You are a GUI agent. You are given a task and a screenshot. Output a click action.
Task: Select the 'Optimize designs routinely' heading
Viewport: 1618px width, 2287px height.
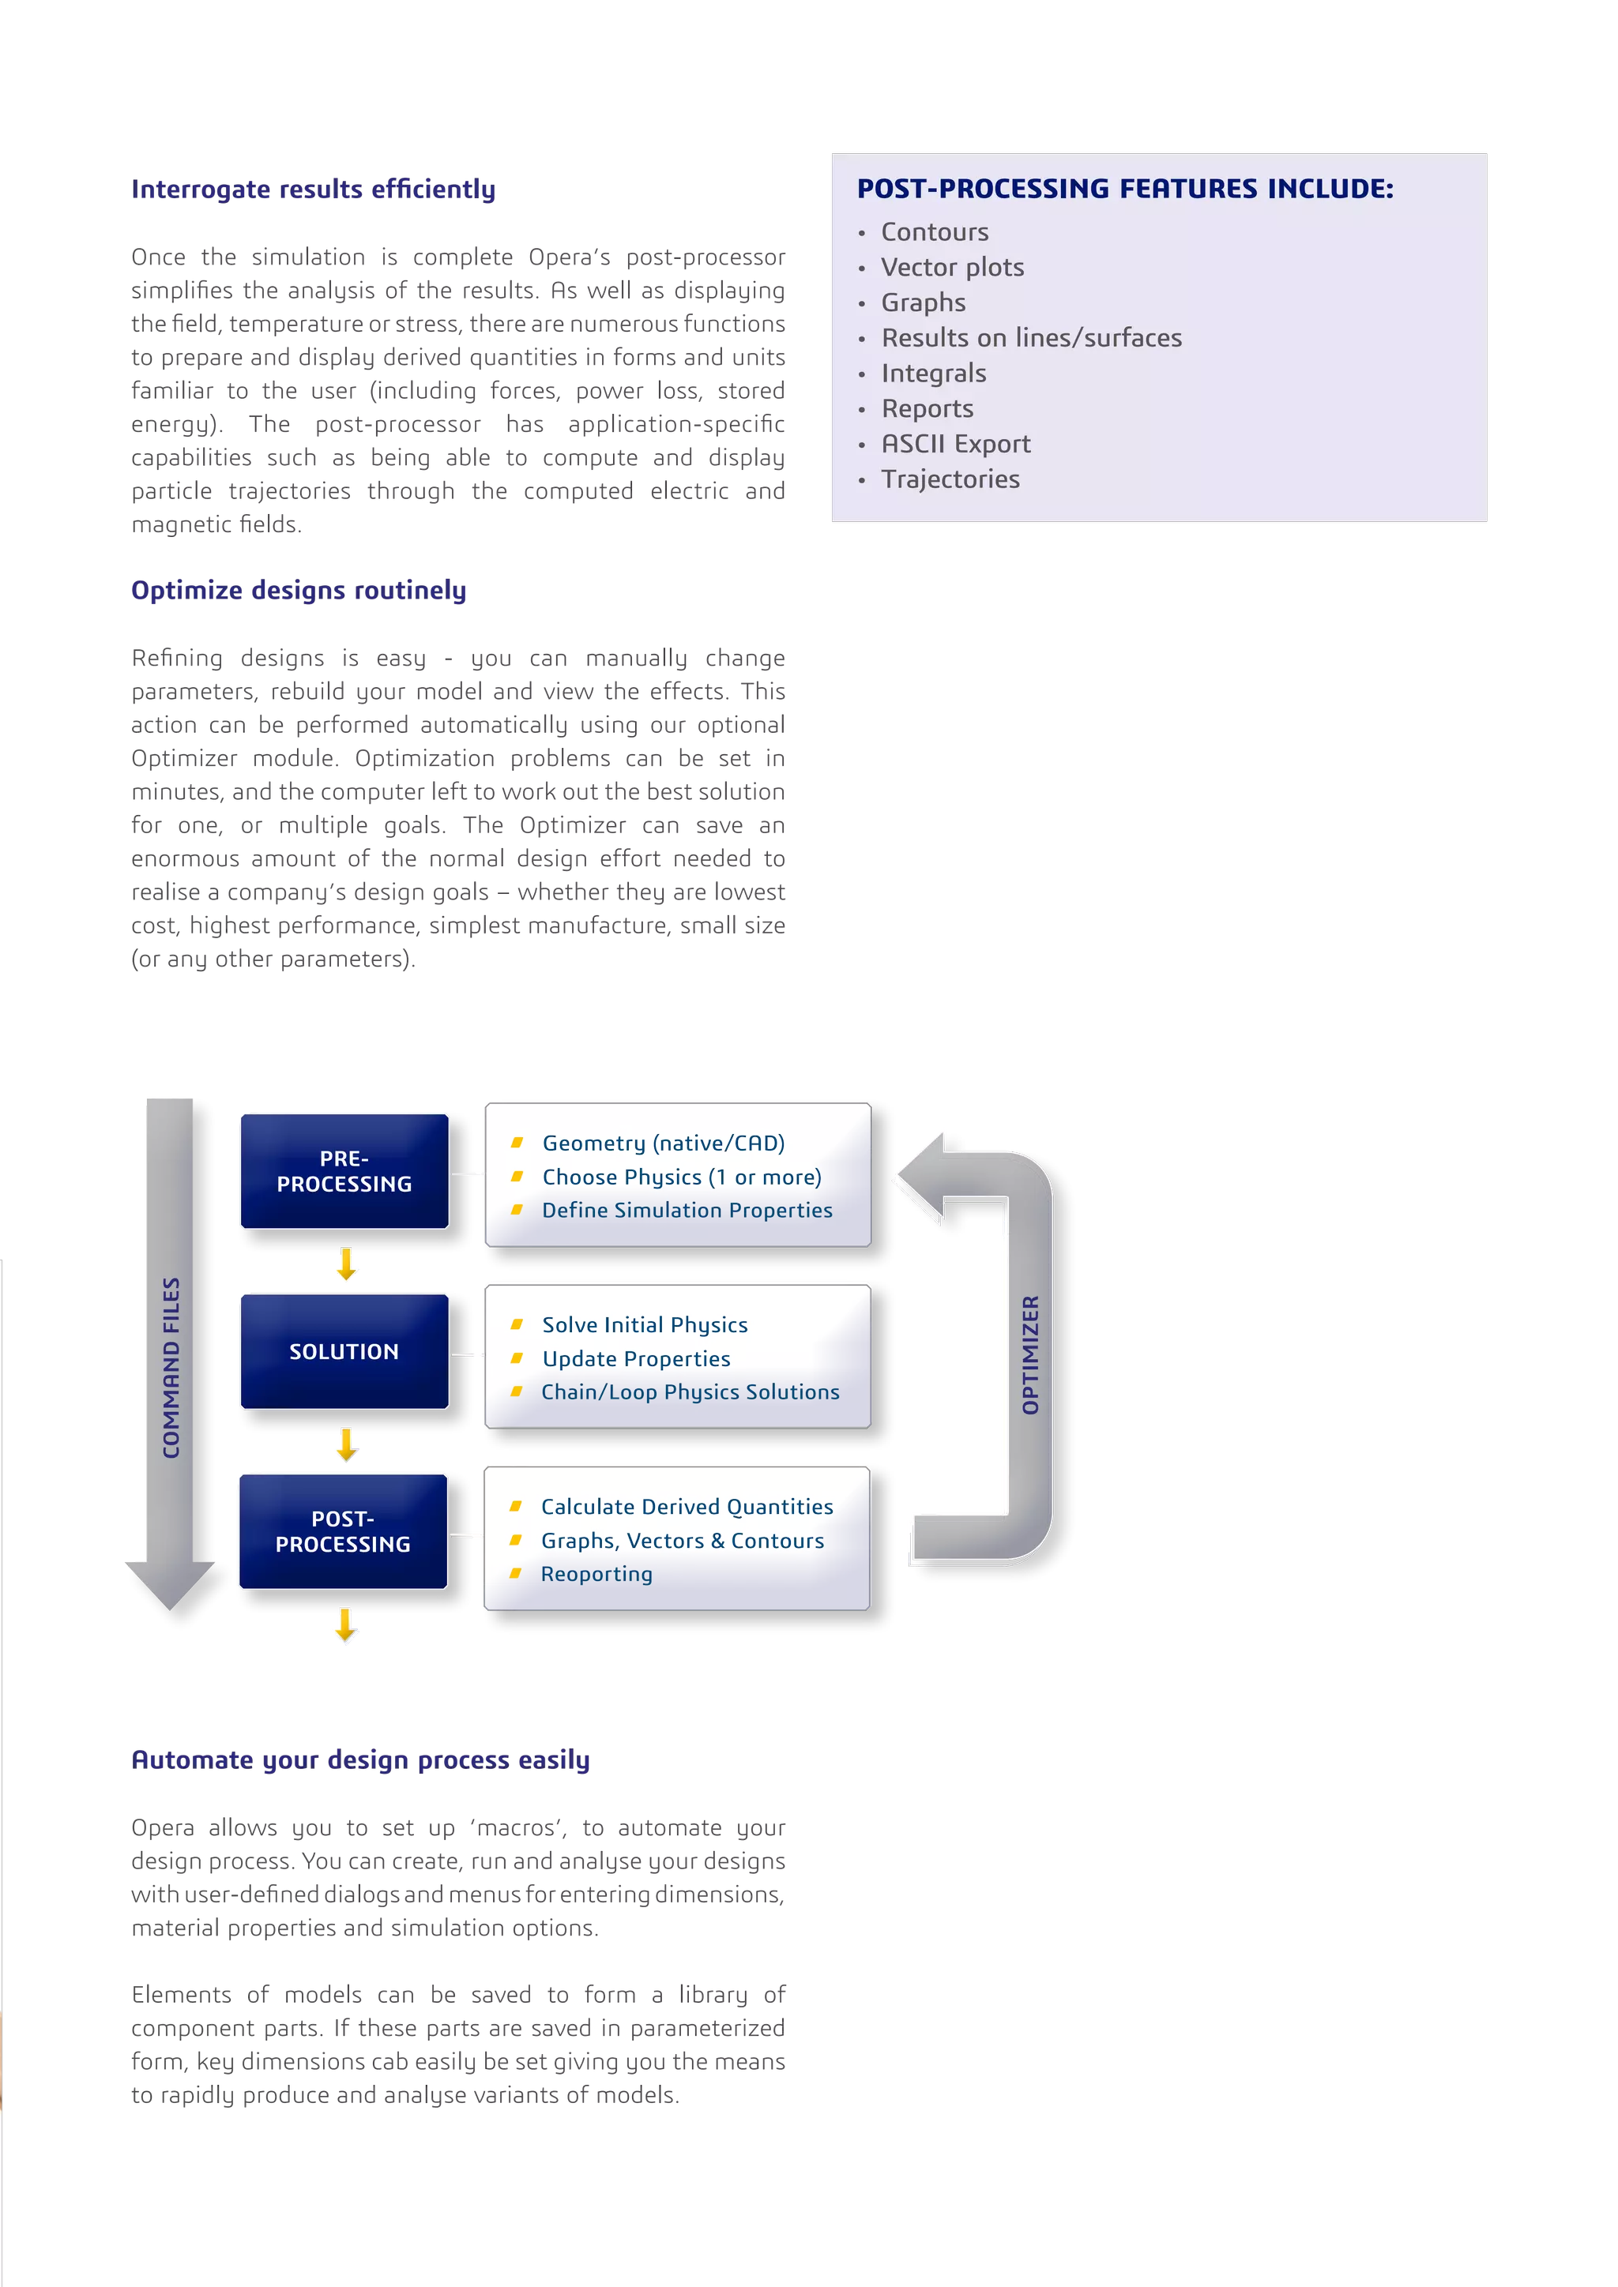coord(299,590)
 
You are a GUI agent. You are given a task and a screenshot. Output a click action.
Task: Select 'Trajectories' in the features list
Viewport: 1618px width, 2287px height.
coord(950,479)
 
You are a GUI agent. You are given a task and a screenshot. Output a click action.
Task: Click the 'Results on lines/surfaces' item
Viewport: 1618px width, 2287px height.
coord(1031,338)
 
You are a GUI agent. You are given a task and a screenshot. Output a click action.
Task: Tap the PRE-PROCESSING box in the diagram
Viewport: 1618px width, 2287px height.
coord(344,1171)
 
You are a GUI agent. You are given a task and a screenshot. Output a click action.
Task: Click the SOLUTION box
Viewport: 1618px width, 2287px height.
coord(344,1350)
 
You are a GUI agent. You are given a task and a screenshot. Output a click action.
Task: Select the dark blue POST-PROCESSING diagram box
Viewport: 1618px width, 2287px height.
coord(343,1531)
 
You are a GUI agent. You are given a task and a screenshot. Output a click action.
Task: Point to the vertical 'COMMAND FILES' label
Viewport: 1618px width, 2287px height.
coord(171,1368)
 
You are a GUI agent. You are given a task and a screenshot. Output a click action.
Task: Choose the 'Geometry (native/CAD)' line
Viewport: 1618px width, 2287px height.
coord(663,1143)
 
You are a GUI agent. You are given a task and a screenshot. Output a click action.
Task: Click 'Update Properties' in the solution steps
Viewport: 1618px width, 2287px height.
coord(636,1358)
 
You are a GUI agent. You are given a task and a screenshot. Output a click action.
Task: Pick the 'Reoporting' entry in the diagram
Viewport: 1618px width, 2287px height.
coord(596,1574)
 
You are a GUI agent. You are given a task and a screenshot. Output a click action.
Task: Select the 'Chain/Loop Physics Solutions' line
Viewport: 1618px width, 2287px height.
coord(690,1391)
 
